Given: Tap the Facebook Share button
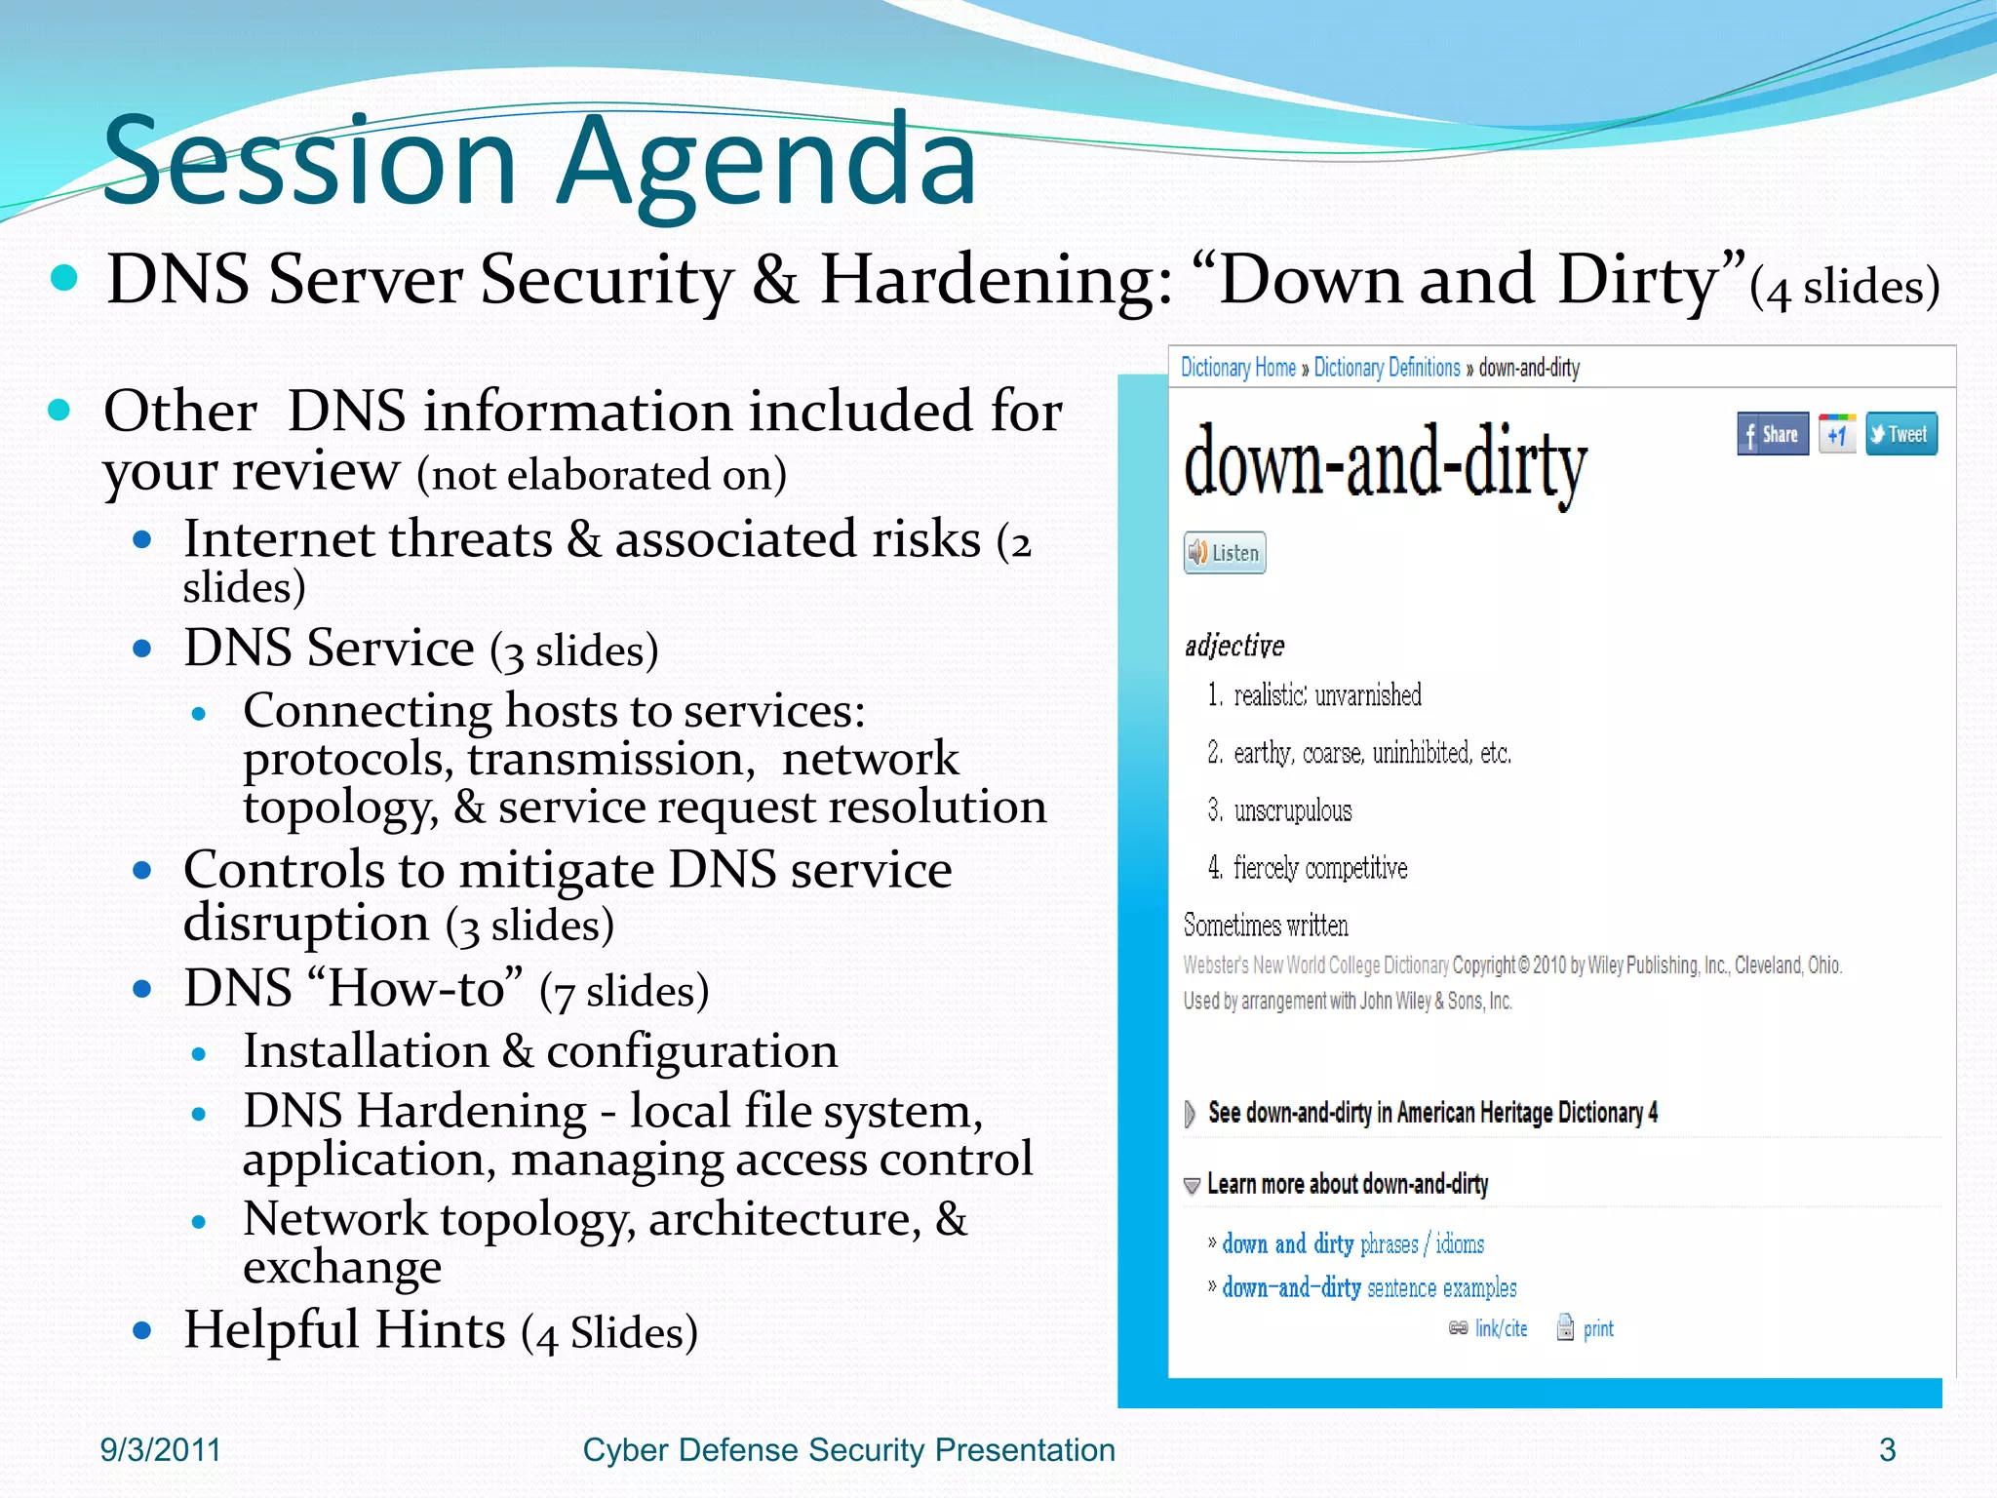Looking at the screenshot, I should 1772,434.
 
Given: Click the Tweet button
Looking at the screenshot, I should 1900,434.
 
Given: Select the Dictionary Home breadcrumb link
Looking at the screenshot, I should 1237,368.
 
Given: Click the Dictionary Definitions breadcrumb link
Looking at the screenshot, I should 1386,368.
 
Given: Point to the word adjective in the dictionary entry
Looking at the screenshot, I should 1233,646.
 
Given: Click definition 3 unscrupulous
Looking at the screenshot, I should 1291,810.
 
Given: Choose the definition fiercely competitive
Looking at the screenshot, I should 1319,868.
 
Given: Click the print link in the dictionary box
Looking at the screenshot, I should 1597,1328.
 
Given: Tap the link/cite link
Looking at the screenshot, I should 1500,1328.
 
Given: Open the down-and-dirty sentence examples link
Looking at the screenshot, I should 1368,1287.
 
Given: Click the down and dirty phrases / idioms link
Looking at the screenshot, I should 1352,1243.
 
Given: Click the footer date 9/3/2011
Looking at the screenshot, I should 160,1449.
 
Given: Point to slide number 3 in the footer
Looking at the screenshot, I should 1887,1449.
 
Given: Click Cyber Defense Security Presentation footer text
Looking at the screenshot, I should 848,1449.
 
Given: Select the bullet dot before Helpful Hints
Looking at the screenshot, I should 142,1330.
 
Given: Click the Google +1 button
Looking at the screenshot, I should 1836,434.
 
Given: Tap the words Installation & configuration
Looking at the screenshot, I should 539,1050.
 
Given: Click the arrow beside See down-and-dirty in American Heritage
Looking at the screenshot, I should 1189,1113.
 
